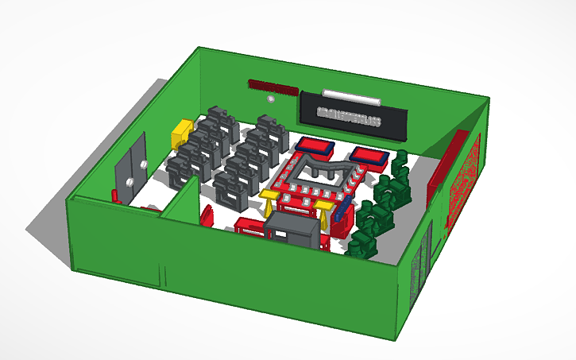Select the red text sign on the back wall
273,85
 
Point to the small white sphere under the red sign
271,101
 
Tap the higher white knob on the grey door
143,164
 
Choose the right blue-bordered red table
367,155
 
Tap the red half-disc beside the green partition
207,215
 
